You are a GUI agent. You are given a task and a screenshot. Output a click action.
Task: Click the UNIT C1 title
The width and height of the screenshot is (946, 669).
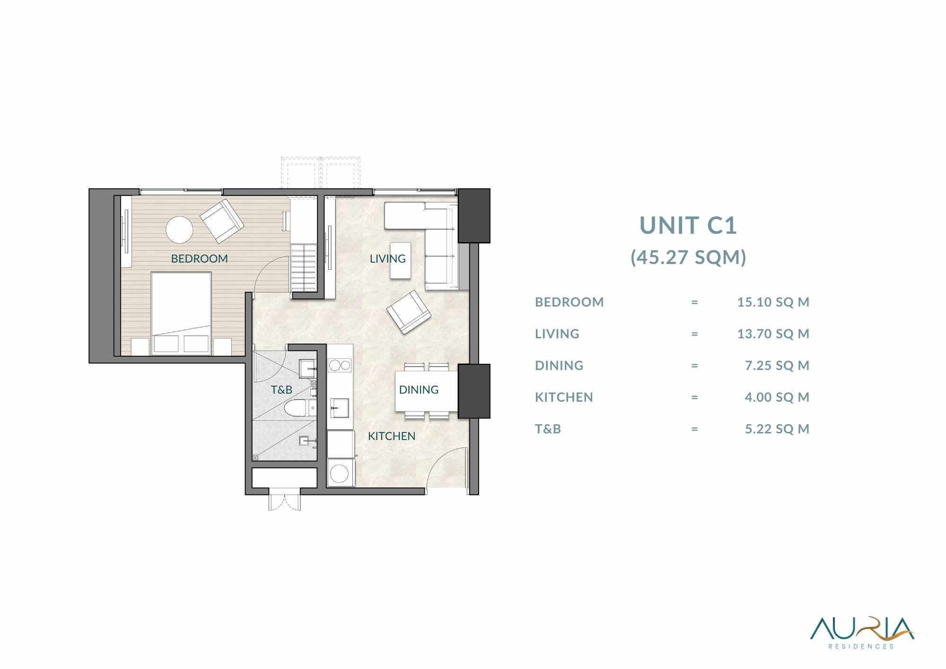tap(688, 225)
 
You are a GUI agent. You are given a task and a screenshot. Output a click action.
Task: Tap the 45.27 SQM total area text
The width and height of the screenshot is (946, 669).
tap(688, 257)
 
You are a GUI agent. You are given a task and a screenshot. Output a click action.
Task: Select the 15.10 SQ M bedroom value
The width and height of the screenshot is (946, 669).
tap(773, 302)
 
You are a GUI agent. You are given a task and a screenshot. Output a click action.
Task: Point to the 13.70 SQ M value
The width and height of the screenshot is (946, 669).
tap(773, 334)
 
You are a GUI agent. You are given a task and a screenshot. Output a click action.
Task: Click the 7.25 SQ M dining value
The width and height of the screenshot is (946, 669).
tap(777, 365)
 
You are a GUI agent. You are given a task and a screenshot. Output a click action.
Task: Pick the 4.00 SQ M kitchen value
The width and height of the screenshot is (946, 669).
tap(777, 397)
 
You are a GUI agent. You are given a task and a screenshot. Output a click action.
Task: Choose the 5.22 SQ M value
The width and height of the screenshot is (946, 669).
tap(777, 429)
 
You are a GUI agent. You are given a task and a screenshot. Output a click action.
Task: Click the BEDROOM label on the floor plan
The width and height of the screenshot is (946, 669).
tap(199, 259)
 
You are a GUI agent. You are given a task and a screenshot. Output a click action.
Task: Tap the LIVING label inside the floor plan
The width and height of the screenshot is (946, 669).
tap(387, 259)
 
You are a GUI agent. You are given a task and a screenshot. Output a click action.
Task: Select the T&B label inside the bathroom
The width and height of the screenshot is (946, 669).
tap(281, 390)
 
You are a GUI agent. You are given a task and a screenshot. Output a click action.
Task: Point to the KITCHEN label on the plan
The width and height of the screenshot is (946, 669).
tap(392, 436)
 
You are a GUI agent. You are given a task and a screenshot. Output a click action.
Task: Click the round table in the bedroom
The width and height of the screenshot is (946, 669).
tap(179, 230)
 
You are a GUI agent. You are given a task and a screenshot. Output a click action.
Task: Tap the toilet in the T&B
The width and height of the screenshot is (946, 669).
tap(297, 408)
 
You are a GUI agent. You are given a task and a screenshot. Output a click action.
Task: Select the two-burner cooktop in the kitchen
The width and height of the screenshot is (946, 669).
tap(340, 365)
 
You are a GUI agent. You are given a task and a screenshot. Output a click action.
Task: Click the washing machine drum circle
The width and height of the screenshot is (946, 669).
tap(339, 473)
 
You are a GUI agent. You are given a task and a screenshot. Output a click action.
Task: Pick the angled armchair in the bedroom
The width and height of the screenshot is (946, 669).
tap(222, 221)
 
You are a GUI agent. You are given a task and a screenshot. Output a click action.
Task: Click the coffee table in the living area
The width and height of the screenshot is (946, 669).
tap(401, 261)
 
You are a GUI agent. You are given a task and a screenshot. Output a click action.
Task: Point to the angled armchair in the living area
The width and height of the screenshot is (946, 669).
tap(409, 312)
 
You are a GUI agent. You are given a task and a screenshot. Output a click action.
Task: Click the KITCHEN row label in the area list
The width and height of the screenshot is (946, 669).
tap(564, 397)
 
